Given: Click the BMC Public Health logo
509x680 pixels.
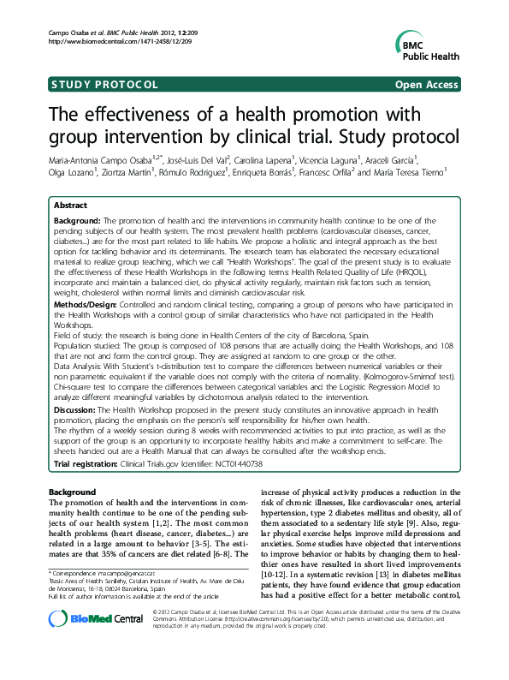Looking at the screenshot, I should click(x=428, y=44).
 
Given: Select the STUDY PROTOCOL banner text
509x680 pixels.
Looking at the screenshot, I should click(x=104, y=85).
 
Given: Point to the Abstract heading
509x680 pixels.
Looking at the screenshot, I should click(x=70, y=206).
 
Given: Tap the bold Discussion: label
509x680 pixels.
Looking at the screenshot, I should click(x=78, y=410).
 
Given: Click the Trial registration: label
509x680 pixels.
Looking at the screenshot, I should click(x=92, y=463).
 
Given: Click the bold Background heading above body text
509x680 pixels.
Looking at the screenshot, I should click(x=73, y=492).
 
